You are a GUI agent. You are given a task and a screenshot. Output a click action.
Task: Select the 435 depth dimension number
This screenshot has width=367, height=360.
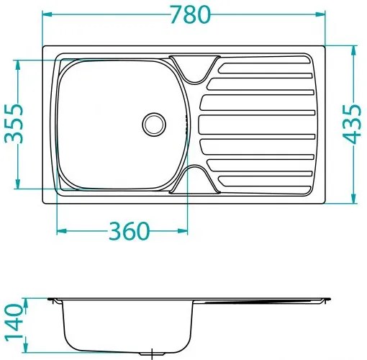[x=353, y=124]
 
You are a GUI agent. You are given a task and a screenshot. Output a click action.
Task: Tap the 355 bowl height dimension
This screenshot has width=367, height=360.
[x=16, y=124]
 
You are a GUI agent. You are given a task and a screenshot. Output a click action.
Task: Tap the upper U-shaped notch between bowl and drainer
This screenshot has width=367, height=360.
[x=191, y=68]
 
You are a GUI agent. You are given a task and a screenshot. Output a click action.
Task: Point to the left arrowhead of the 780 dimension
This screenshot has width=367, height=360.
[x=46, y=14]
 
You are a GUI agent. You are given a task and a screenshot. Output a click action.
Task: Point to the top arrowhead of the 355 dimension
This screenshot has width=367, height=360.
[x=17, y=63]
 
